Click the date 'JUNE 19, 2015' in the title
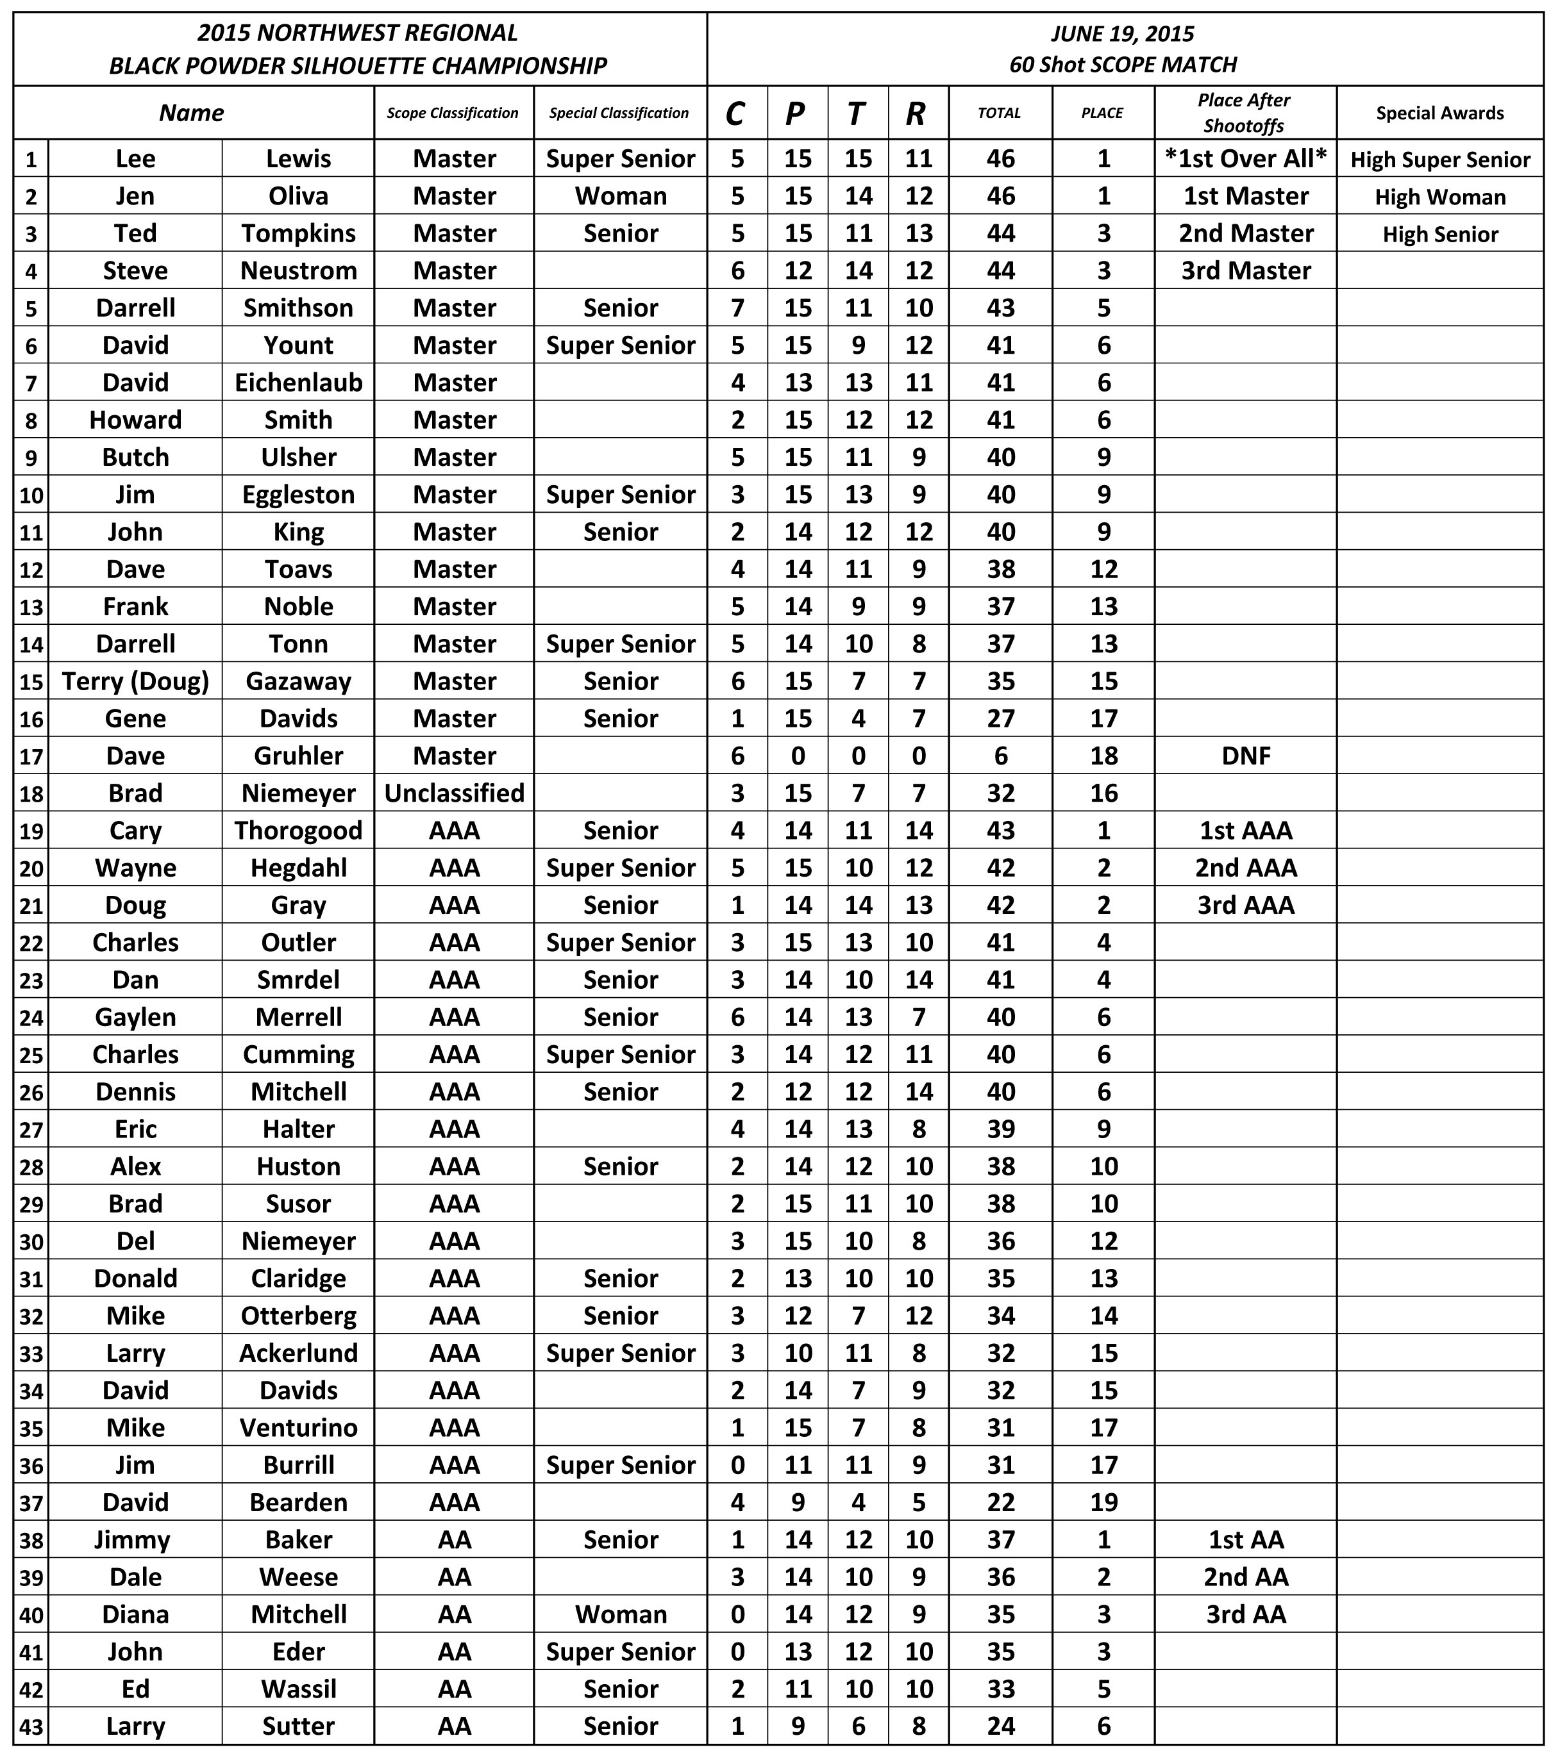(1122, 33)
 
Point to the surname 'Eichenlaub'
(298, 382)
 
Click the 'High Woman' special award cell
(1439, 197)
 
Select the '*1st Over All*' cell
(1245, 159)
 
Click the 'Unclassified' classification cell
(454, 793)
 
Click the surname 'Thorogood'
(298, 830)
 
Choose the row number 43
(31, 1726)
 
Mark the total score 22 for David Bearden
(1000, 1502)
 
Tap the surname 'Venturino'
(298, 1427)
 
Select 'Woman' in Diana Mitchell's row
(621, 1614)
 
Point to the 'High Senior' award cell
(1439, 235)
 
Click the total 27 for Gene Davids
(1000, 718)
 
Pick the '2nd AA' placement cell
(1245, 1576)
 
